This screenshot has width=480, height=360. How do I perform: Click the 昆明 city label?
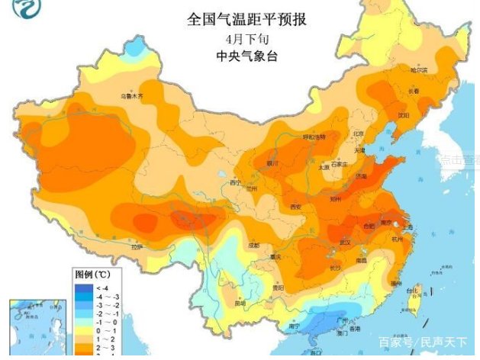[240, 304]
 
